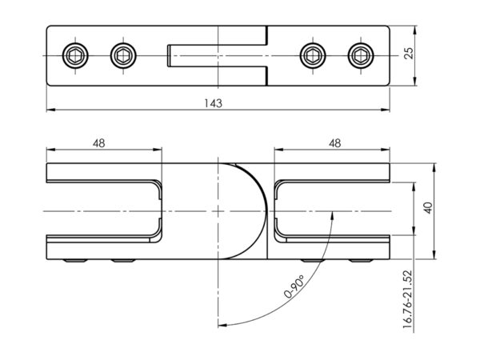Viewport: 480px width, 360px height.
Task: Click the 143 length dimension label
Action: click(x=214, y=103)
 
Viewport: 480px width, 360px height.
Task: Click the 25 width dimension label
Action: click(x=409, y=53)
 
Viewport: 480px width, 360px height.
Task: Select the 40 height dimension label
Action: click(x=429, y=208)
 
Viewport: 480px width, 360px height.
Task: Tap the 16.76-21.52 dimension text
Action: click(x=408, y=299)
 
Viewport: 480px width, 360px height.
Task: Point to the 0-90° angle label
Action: click(x=294, y=286)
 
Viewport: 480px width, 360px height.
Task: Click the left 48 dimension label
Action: click(x=99, y=143)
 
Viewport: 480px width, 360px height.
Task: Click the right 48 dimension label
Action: click(x=335, y=143)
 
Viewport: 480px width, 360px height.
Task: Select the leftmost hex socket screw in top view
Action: click(x=75, y=56)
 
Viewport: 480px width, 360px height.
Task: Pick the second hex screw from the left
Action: click(x=123, y=56)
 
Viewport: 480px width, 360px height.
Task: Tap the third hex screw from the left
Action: click(x=313, y=56)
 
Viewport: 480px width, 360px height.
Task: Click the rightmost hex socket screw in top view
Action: click(x=361, y=56)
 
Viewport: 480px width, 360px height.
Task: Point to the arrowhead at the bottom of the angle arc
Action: click(x=222, y=325)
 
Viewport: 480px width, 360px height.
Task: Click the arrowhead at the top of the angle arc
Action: click(x=332, y=215)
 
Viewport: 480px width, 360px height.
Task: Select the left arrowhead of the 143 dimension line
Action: click(x=51, y=110)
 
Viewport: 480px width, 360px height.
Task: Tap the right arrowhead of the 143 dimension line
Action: click(x=385, y=110)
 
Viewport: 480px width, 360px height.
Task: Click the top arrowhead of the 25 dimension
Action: click(x=415, y=30)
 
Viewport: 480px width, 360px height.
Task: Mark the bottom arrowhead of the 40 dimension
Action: click(x=434, y=254)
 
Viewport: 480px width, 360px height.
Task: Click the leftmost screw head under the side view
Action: click(x=75, y=261)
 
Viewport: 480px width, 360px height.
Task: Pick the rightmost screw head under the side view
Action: click(x=362, y=261)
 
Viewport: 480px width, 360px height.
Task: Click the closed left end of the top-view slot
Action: click(x=168, y=56)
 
